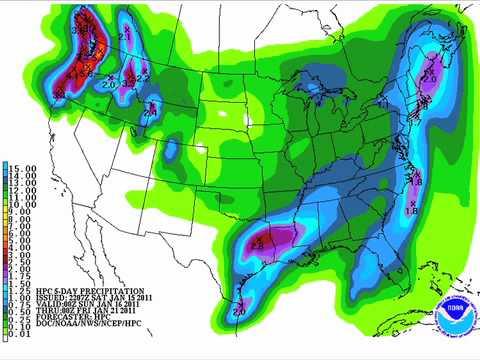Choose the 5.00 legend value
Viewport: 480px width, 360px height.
click(x=18, y=241)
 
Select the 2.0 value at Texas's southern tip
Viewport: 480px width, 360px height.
click(x=239, y=313)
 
